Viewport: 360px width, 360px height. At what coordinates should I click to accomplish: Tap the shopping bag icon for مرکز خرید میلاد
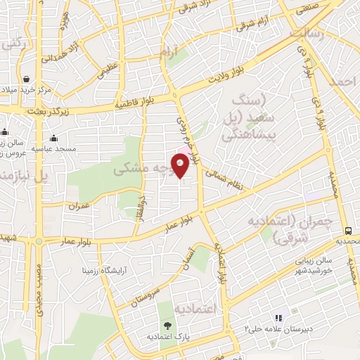pyautogui.click(x=26, y=79)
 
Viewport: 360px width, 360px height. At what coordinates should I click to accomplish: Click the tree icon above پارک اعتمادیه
pyautogui.click(x=167, y=325)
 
